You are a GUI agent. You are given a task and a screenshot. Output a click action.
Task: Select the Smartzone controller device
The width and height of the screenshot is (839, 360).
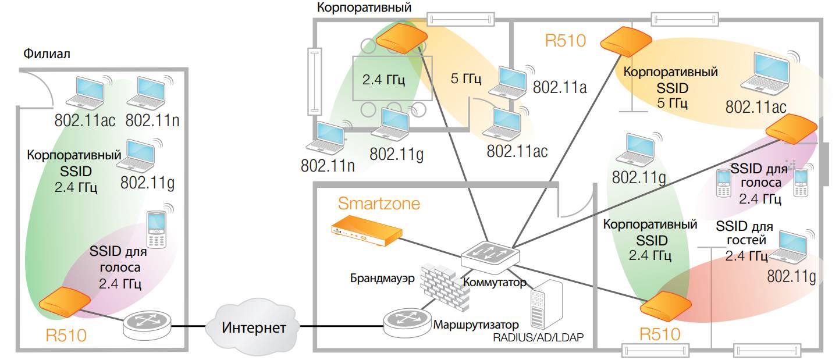(x=366, y=230)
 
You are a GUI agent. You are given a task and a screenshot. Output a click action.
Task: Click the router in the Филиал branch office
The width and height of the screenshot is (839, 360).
(x=148, y=325)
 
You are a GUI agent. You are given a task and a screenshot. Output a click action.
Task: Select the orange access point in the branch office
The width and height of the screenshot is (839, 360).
(x=64, y=302)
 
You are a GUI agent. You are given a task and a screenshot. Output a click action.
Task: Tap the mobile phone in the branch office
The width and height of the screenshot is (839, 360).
(x=157, y=229)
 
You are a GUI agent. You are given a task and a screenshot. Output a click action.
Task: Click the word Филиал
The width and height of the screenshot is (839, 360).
(x=47, y=54)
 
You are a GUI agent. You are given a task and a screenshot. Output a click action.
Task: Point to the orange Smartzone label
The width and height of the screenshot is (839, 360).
(x=379, y=204)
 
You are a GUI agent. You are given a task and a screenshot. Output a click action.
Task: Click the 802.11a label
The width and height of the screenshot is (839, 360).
(x=559, y=87)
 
